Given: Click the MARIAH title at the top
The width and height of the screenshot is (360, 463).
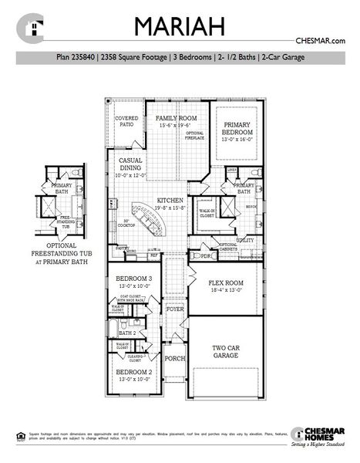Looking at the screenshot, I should tap(180, 25).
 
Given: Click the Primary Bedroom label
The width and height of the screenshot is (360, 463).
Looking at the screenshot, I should tap(237, 127).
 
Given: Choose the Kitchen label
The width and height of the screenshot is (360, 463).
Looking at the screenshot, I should tap(170, 199).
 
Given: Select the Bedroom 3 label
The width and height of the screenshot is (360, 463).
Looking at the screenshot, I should tap(134, 280).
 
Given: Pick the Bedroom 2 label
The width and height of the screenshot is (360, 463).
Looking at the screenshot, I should tap(134, 375).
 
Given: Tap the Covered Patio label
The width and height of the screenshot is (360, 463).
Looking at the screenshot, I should tap(126, 121).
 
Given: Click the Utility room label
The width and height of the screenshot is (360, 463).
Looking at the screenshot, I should tap(245, 240).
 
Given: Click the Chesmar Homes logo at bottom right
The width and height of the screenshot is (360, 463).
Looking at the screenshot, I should tap(316, 437).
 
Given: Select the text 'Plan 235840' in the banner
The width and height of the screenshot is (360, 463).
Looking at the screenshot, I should tap(80, 56).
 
